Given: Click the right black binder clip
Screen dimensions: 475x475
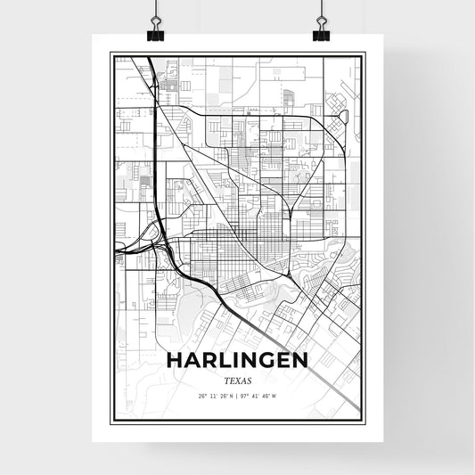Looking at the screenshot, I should click(x=321, y=33).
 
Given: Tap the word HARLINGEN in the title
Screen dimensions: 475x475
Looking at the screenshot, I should click(x=238, y=360).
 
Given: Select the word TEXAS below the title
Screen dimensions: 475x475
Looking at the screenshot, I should click(x=238, y=380).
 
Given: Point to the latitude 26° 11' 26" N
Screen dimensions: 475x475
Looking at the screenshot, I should click(x=217, y=395).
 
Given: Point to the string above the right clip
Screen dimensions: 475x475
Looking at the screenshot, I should click(x=321, y=11).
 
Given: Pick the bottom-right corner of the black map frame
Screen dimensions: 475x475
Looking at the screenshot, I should click(x=363, y=421).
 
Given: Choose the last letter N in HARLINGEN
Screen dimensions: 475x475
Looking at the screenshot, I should click(x=300, y=360).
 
